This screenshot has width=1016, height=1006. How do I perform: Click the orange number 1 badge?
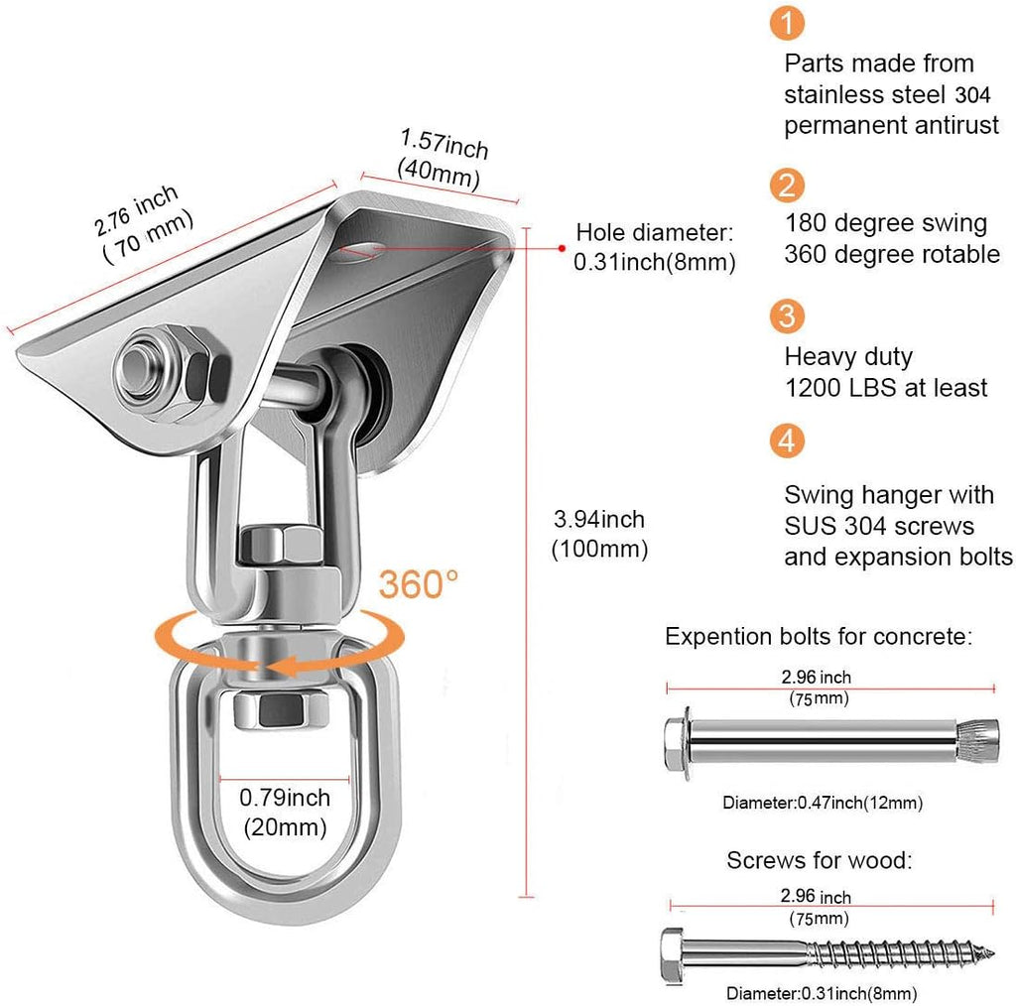(786, 24)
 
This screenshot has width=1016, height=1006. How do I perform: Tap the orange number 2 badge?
(786, 186)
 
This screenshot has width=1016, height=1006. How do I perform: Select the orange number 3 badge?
(786, 317)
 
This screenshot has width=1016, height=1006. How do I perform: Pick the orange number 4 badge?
(786, 440)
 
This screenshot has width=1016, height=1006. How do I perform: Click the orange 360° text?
(418, 584)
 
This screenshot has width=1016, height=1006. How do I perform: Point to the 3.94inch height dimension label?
(599, 533)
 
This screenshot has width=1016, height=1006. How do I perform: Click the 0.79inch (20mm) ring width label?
(285, 812)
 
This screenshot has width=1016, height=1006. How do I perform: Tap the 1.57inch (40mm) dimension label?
(442, 159)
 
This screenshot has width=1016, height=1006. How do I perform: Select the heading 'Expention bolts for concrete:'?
(819, 636)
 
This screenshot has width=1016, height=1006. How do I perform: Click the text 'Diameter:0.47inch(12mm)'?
(828, 803)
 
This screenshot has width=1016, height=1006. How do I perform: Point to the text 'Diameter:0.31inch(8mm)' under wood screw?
(821, 993)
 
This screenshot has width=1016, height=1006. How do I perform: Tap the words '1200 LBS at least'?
(886, 387)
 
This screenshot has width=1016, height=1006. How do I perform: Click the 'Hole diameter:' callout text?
(655, 232)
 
